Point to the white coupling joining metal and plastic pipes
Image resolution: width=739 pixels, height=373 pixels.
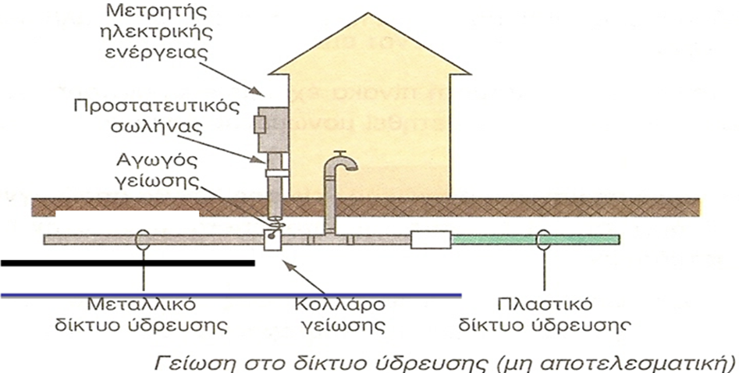tap(432, 239)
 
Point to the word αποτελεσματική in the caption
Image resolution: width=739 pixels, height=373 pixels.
tap(659, 361)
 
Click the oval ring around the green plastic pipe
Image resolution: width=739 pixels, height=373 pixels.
tap(545, 240)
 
